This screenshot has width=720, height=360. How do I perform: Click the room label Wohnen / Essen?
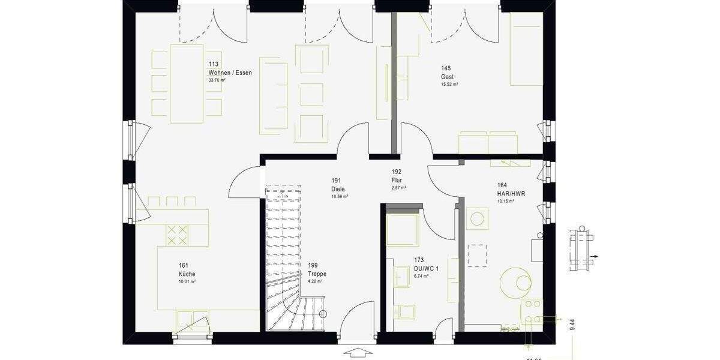click(230, 73)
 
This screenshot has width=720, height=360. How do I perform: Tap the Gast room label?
click(447, 77)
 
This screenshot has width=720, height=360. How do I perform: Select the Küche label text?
click(187, 274)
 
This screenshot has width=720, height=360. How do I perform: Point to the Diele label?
click(338, 189)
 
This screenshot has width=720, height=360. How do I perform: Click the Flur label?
click(397, 179)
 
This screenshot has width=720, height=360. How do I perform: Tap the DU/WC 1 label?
click(426, 269)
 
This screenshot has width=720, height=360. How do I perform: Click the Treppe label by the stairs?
click(317, 274)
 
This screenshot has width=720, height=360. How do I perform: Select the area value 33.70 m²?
click(216, 80)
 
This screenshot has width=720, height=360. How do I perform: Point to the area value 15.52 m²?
click(449, 85)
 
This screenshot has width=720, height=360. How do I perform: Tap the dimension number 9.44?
click(572, 325)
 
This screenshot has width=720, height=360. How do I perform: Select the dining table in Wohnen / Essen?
click(187, 83)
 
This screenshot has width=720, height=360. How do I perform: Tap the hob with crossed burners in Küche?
click(176, 235)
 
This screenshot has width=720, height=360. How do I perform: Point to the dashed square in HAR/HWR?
click(477, 255)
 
